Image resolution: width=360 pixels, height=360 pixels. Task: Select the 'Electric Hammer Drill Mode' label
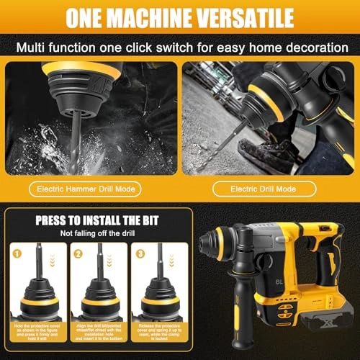[91, 189]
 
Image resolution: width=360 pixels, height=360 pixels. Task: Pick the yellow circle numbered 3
[140, 253]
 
